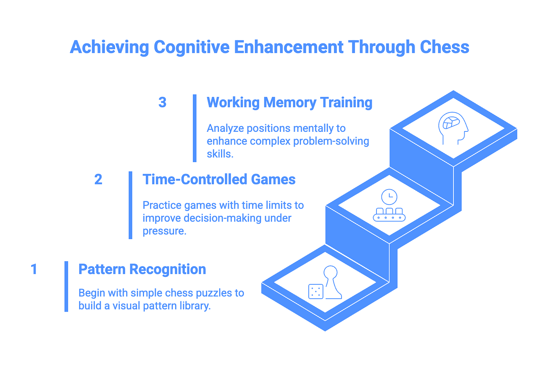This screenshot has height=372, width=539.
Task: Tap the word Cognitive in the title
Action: [191, 47]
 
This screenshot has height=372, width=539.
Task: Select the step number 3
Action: [162, 103]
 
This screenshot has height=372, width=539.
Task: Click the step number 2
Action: [98, 180]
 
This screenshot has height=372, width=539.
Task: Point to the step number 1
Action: [34, 269]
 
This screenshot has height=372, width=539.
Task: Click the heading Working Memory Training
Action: [289, 103]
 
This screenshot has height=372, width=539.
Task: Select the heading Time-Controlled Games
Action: [219, 180]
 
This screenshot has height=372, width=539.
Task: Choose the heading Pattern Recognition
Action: [142, 269]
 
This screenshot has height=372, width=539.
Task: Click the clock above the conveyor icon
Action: [389, 197]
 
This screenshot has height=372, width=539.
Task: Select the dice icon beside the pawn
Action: [315, 291]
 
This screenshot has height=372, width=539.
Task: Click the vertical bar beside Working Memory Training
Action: [195, 128]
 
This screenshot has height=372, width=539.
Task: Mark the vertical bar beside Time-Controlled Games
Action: [130, 205]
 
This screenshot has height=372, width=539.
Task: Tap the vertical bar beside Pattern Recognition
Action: [66, 286]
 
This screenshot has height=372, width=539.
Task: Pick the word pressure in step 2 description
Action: [164, 231]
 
